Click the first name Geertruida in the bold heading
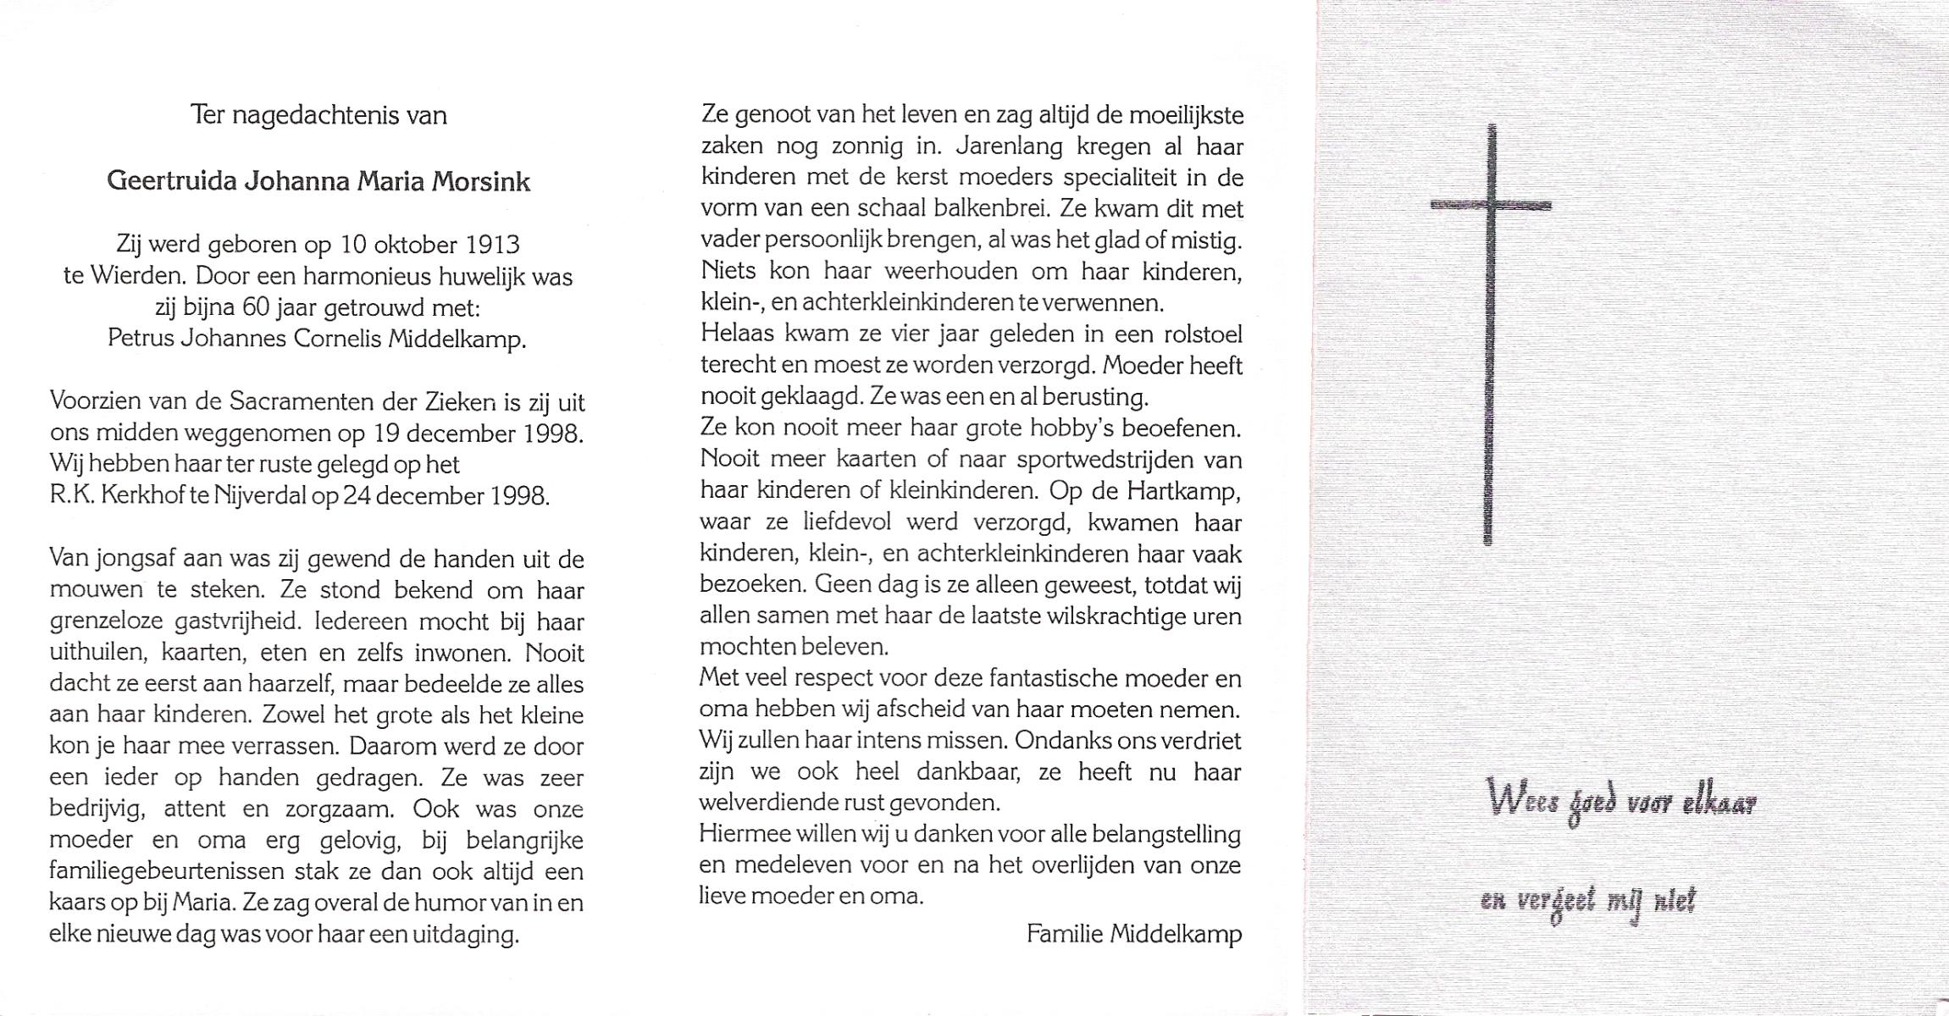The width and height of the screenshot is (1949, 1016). [x=172, y=181]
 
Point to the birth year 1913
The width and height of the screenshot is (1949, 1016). [x=492, y=245]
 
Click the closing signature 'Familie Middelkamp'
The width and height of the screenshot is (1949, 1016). [x=1134, y=934]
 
